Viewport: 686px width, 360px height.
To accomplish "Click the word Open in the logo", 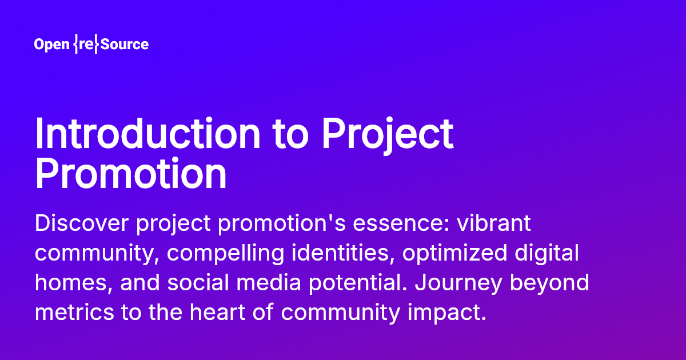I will tap(51, 45).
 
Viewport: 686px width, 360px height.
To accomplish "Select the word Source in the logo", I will tap(124, 45).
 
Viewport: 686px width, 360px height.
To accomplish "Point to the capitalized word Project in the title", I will tap(387, 133).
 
